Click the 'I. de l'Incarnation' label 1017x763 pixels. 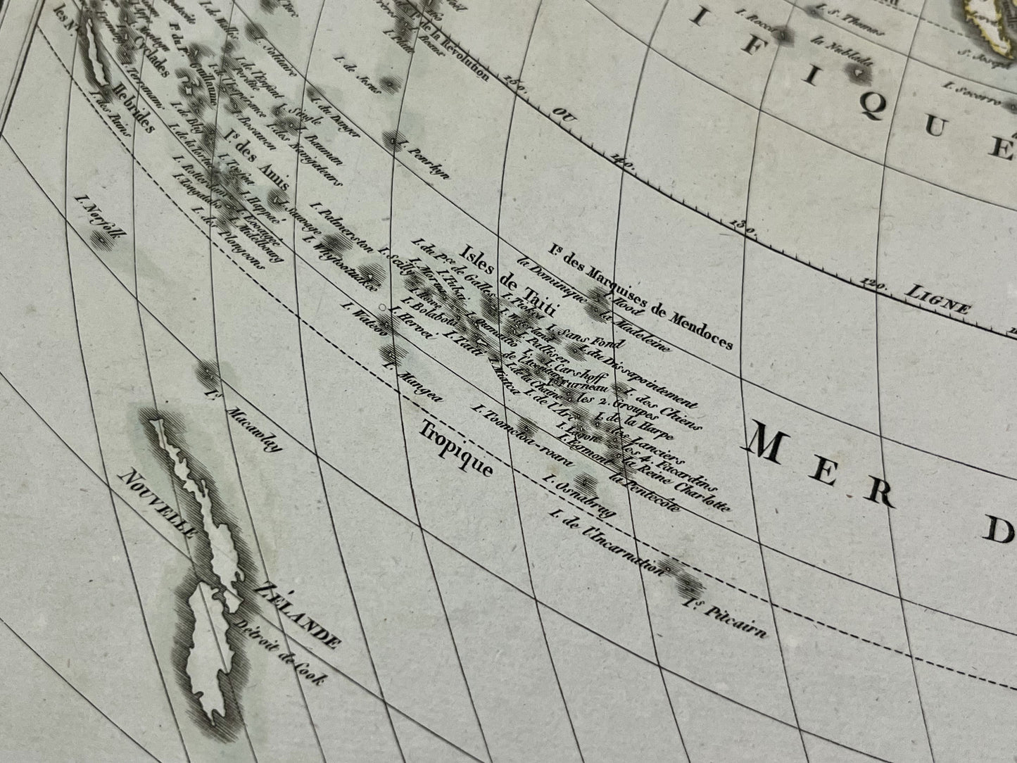(x=606, y=543)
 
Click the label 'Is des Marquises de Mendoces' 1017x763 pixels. (x=641, y=294)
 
